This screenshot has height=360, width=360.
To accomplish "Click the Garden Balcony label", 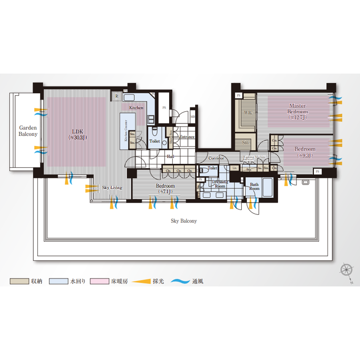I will click(x=28, y=130).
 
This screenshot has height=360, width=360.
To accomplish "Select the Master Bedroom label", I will click(x=297, y=111).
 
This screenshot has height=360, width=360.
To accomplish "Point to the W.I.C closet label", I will click(x=247, y=112).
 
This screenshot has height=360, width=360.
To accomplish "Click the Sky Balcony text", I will click(x=183, y=221).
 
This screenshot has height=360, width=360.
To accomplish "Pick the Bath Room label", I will click(x=254, y=187).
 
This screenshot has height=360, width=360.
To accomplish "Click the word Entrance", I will click(x=187, y=137).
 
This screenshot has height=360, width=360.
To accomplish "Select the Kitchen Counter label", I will click(x=126, y=131).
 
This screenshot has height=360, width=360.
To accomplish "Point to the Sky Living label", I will click(x=112, y=188).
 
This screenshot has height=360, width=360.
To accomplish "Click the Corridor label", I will click(x=216, y=158).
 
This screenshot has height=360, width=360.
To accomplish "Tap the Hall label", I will click(x=171, y=156).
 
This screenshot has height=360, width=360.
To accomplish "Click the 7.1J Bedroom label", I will click(x=165, y=188).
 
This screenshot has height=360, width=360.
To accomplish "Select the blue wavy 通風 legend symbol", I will click(x=182, y=282).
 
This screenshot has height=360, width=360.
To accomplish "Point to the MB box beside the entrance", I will click(x=193, y=117).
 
